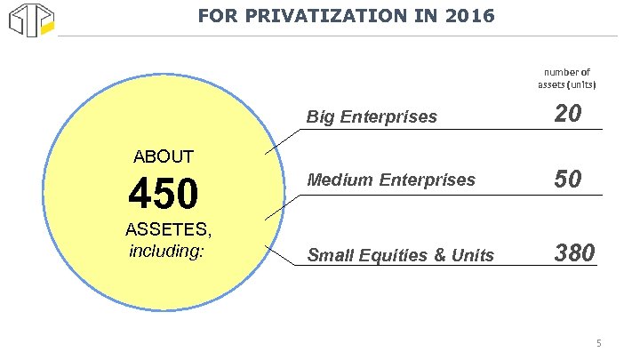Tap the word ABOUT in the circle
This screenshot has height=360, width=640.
click(x=163, y=157)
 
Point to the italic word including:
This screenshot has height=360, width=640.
click(x=167, y=251)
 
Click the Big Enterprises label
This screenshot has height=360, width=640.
click(x=372, y=116)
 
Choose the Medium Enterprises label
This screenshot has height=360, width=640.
click(x=391, y=180)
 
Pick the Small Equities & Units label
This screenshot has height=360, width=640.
click(x=400, y=256)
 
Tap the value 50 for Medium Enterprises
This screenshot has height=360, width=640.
click(x=568, y=180)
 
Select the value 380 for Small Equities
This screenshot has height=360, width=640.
click(x=574, y=254)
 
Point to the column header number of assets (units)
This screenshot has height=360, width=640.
click(x=566, y=78)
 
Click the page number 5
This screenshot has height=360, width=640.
click(x=599, y=343)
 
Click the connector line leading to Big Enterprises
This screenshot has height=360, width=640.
click(x=284, y=140)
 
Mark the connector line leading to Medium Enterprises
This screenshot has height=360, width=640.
click(x=284, y=207)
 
